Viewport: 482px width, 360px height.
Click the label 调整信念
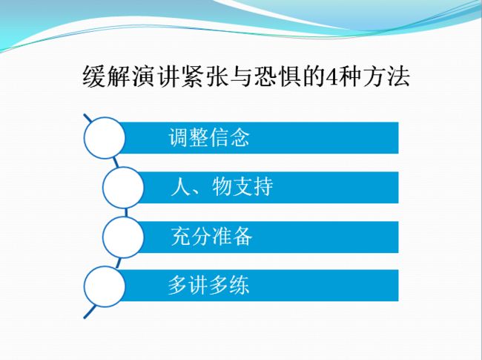coord(209,137)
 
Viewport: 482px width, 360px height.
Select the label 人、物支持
coord(222,186)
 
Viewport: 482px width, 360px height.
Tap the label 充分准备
coord(212,236)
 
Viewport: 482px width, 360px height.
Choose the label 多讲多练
coord(208,285)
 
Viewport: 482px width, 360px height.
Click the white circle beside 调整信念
coord(105,138)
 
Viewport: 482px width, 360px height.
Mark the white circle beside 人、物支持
coord(123,187)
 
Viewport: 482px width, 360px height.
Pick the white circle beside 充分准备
coord(123,237)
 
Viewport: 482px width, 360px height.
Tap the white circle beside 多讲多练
coord(105,287)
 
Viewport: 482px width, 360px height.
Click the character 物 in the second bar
coord(222,186)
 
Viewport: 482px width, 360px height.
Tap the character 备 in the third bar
coord(242,236)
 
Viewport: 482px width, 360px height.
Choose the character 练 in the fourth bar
coord(240,285)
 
